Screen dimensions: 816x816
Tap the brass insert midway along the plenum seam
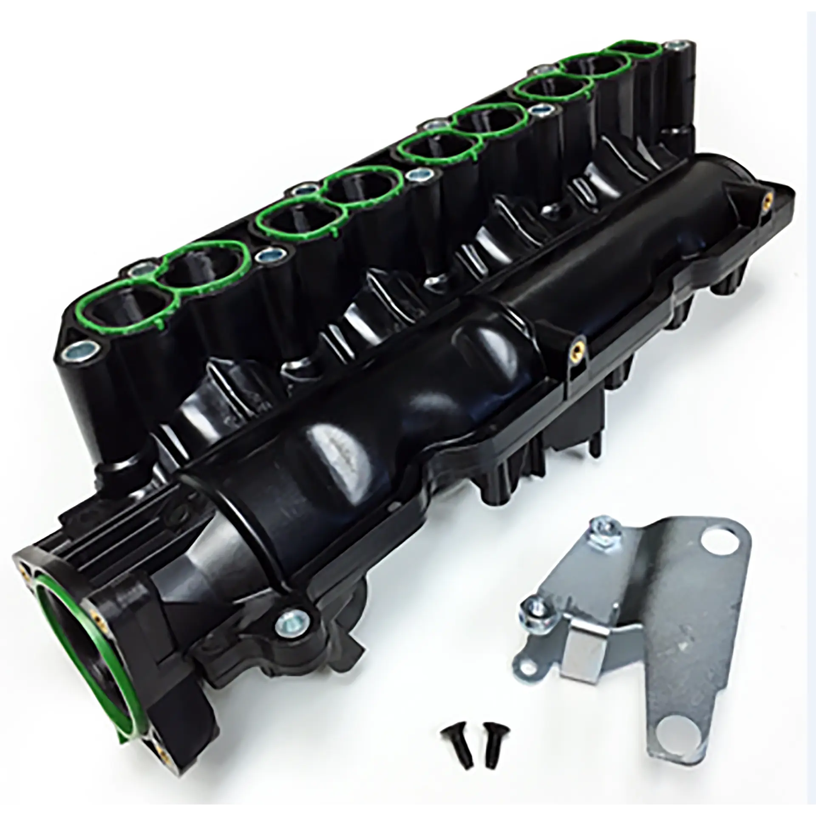pos(576,340)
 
